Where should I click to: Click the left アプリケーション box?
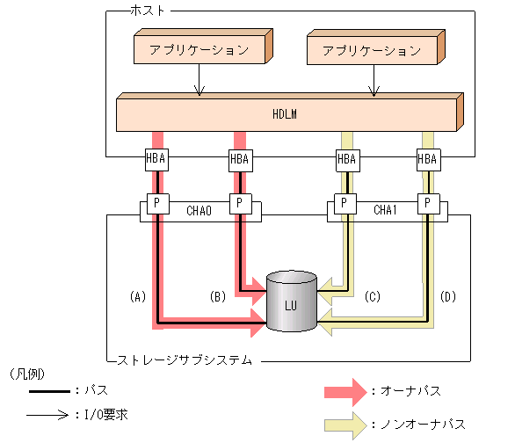[x=199, y=51]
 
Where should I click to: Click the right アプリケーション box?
[x=373, y=51]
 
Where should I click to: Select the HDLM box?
[x=287, y=113]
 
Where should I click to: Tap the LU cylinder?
[x=291, y=302]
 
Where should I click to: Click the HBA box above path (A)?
[x=156, y=159]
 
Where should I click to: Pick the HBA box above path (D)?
[x=427, y=159]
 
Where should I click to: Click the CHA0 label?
[x=199, y=210]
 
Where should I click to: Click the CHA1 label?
[x=386, y=210]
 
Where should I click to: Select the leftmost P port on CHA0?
[x=156, y=203]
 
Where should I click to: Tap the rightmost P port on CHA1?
[x=427, y=203]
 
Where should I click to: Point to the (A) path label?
[x=136, y=297]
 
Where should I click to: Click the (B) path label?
[x=216, y=297]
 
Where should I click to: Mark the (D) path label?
[x=448, y=297]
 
